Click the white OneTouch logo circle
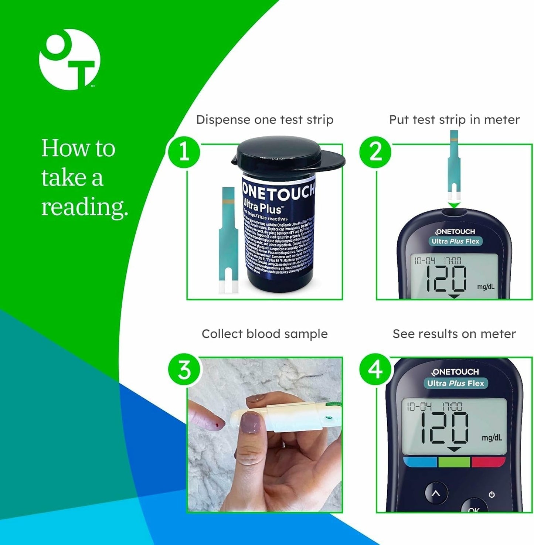[69, 59]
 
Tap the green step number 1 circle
[184, 152]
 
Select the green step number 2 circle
[375, 152]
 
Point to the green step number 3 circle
[184, 370]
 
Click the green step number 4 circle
[375, 370]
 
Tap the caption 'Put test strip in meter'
[454, 120]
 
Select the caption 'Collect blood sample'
[265, 334]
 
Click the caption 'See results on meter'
[454, 334]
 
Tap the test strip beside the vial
[228, 240]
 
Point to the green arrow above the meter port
[454, 205]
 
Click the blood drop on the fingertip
[215, 426]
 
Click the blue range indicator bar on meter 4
[420, 462]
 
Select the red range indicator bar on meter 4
[488, 462]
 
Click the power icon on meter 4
[492, 494]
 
